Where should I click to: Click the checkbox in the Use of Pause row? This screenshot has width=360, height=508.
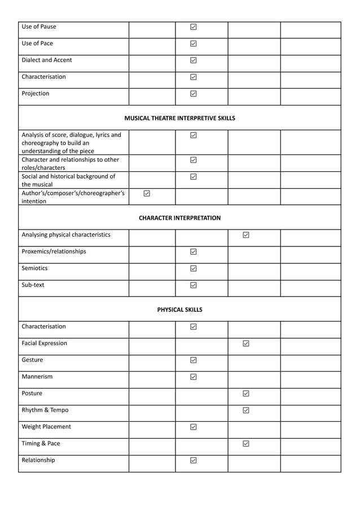tap(194, 26)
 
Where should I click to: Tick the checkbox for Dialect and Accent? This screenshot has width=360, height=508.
tap(194, 60)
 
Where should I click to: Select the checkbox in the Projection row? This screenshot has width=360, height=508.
tap(194, 94)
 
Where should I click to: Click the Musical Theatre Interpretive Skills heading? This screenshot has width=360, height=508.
tap(179, 118)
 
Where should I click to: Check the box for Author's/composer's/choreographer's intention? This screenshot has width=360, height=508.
tap(147, 193)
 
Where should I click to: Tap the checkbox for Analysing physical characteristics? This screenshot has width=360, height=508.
tap(246, 235)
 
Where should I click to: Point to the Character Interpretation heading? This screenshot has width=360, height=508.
tap(179, 218)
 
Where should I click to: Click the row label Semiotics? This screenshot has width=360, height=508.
tap(34, 268)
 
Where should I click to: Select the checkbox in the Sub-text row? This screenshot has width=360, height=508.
tap(194, 285)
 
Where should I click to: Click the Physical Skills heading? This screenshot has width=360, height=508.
tap(179, 310)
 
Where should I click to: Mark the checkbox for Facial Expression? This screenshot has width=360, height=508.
tap(246, 343)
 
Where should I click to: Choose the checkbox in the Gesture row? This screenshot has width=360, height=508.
tap(194, 360)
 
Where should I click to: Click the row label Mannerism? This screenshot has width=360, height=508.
tap(37, 377)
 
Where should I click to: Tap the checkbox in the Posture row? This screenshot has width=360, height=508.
tap(246, 394)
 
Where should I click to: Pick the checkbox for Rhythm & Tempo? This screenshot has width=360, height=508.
tap(246, 410)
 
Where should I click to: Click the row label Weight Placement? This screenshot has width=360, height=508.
tap(46, 427)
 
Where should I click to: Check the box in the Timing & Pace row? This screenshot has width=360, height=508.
tap(246, 444)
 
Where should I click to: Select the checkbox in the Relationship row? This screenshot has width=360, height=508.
tap(194, 461)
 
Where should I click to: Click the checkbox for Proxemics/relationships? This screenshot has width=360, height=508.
tap(194, 252)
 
